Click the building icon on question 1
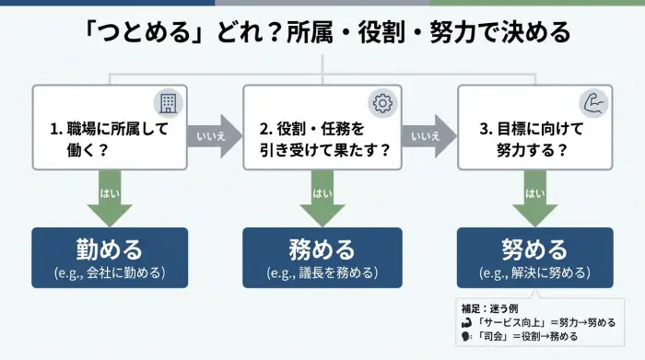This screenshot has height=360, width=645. (168, 102)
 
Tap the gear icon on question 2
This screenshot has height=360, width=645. (381, 102)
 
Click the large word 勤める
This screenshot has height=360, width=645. (110, 249)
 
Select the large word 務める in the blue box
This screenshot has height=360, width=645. (322, 249)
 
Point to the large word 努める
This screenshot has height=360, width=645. (534, 249)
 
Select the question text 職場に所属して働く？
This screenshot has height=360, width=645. (109, 139)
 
